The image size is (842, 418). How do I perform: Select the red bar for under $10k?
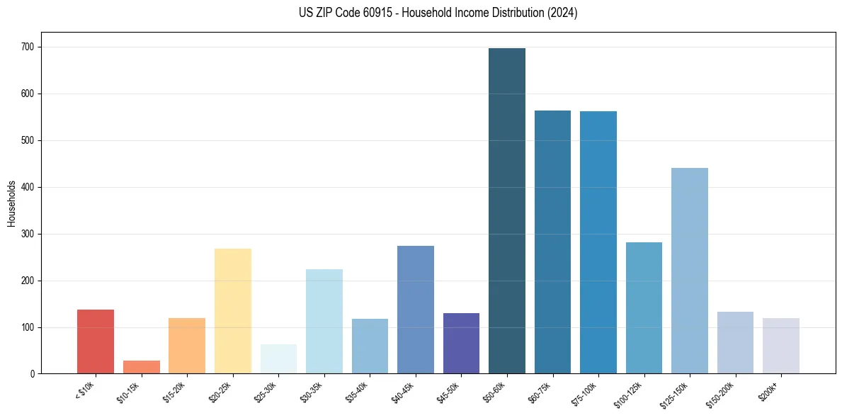pyautogui.click(x=96, y=341)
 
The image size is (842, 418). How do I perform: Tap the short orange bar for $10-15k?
pyautogui.click(x=142, y=367)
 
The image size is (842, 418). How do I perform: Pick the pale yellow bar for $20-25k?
pyautogui.click(x=233, y=311)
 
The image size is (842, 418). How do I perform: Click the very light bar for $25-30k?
pyautogui.click(x=278, y=359)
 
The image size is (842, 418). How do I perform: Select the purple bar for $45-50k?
pyautogui.click(x=461, y=344)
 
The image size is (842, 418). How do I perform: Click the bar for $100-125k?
pyautogui.click(x=644, y=308)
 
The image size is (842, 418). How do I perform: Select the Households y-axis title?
pyautogui.click(x=11, y=203)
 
